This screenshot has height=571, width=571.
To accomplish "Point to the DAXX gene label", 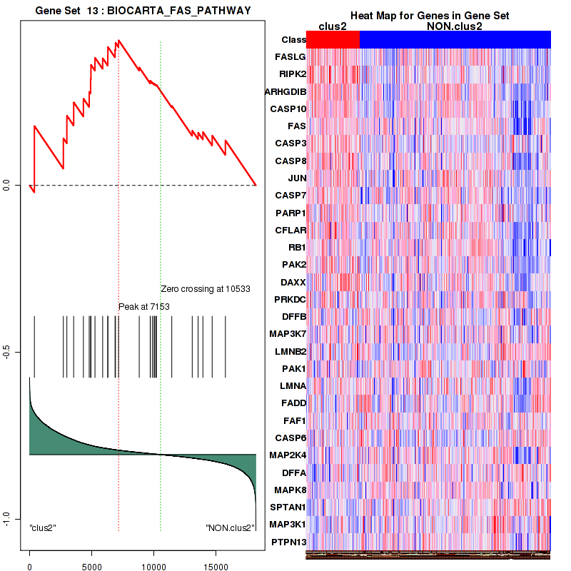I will pyautogui.click(x=291, y=282).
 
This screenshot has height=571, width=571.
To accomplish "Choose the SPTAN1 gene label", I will pyautogui.click(x=287, y=507).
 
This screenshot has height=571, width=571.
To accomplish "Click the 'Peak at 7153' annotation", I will pyautogui.click(x=143, y=306).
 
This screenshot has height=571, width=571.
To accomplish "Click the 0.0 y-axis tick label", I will pyautogui.click(x=9, y=185).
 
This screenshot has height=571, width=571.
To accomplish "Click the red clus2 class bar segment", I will pyautogui.click(x=333, y=40).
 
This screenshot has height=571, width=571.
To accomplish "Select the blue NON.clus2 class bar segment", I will pyautogui.click(x=455, y=40).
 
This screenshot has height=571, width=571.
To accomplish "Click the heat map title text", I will pyautogui.click(x=429, y=16).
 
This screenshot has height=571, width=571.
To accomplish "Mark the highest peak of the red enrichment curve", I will pyautogui.click(x=119, y=40).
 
